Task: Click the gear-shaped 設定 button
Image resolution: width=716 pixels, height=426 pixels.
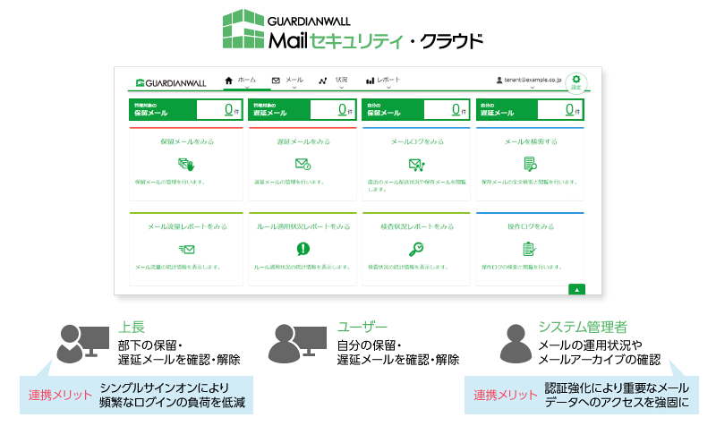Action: [x=576, y=81]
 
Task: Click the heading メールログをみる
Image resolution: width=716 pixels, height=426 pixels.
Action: [x=417, y=141]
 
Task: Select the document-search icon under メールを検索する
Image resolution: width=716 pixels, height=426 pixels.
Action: [x=530, y=164]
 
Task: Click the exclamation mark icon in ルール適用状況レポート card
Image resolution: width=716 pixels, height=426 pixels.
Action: [x=303, y=249]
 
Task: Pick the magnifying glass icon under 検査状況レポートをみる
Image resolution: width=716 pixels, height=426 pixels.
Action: [x=417, y=249]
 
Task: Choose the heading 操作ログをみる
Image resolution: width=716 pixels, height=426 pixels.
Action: [x=530, y=227]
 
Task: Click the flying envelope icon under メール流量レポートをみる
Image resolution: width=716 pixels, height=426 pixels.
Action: [x=186, y=249]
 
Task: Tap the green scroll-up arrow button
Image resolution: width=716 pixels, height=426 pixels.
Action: [x=577, y=289]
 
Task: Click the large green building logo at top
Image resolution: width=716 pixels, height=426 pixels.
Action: [x=243, y=30]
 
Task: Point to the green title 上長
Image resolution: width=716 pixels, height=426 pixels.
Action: [x=132, y=328]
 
